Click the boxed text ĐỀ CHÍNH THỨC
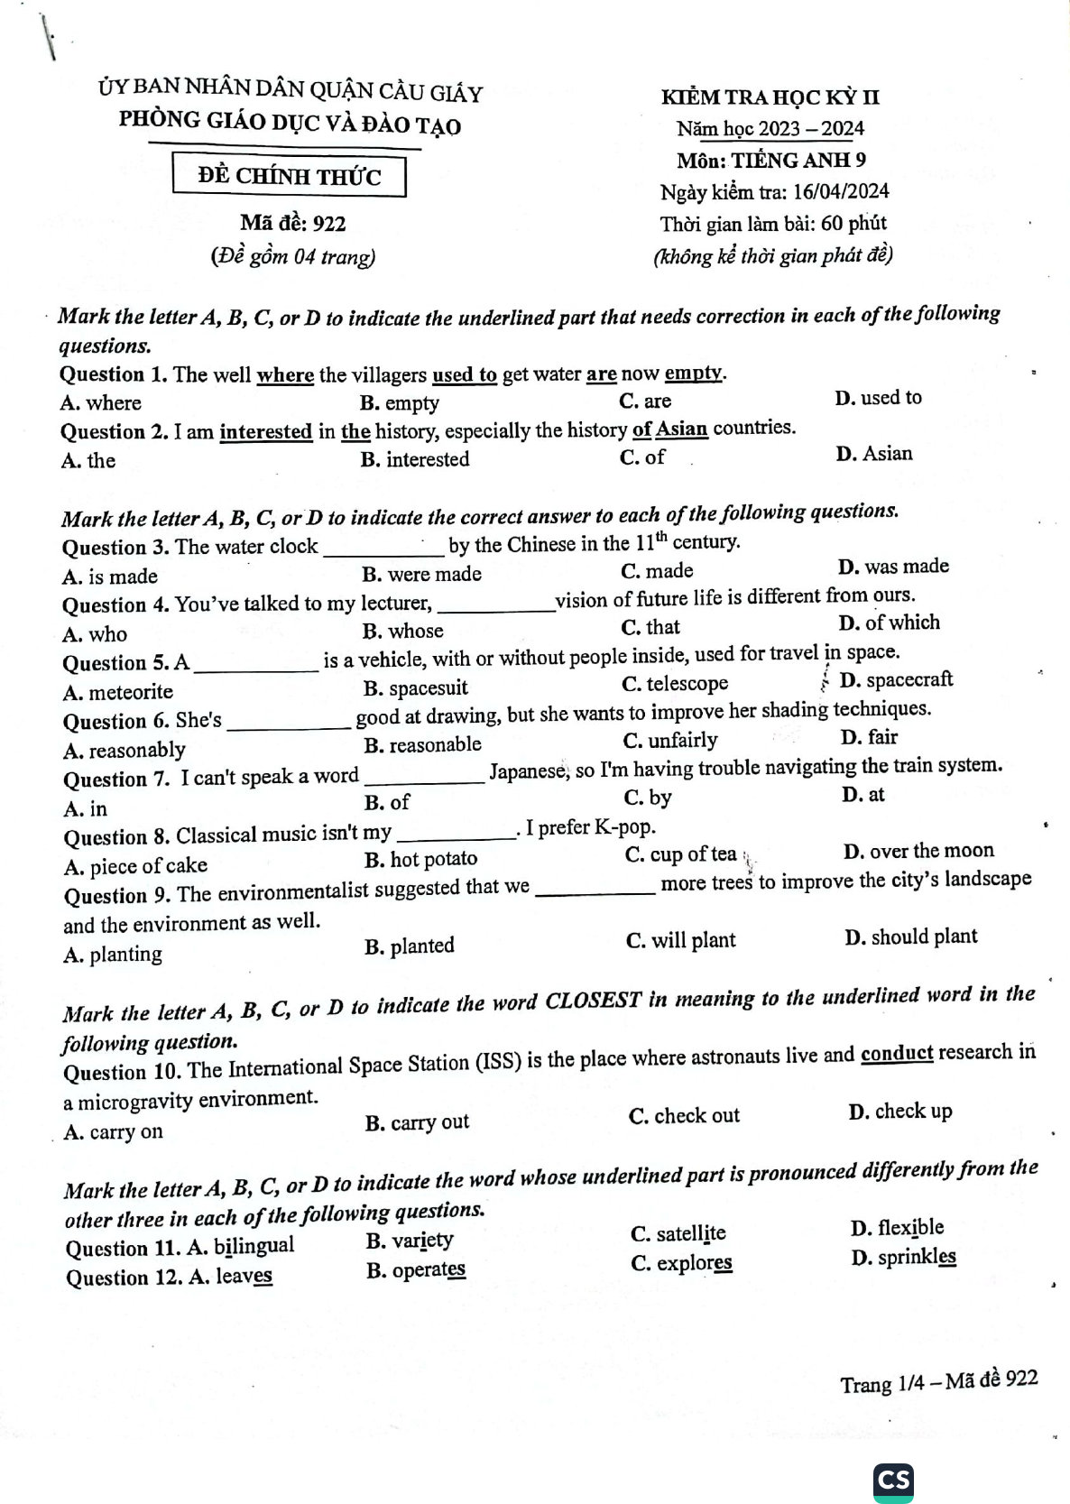point(289,176)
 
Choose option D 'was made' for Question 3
point(893,567)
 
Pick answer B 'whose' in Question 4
point(403,631)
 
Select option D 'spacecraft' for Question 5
point(896,680)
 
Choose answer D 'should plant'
point(911,937)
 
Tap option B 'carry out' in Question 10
point(418,1122)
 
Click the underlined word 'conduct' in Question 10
point(897,1054)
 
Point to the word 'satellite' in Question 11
point(691,1233)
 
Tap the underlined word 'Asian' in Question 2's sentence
point(682,428)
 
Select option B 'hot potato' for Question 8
point(421,858)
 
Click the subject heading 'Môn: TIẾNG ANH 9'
point(771,160)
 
